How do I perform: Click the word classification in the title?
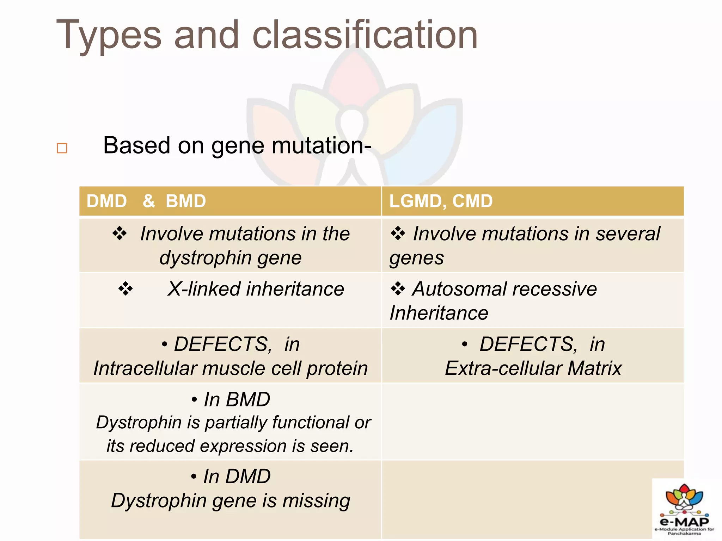click(365, 35)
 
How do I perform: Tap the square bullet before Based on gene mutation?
click(62, 148)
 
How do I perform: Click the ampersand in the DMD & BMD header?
click(149, 201)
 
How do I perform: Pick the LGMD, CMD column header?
click(441, 201)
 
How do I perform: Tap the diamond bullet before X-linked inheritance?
click(126, 289)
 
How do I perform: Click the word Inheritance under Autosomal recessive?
click(439, 313)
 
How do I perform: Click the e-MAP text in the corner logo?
click(684, 521)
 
